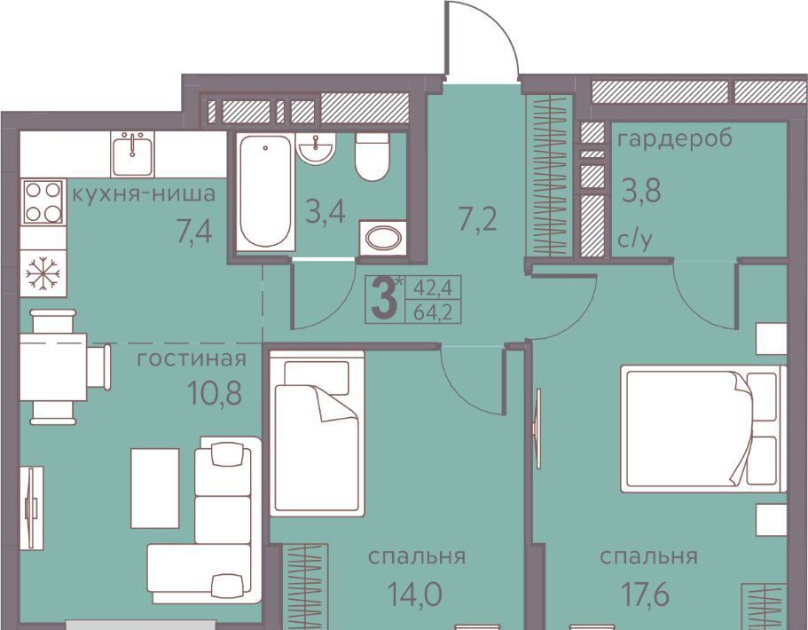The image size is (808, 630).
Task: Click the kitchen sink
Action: tap(132, 154)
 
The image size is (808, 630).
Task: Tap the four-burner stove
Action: tap(43, 201)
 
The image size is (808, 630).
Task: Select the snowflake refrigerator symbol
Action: tap(43, 273)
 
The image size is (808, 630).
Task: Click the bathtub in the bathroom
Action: tap(265, 192)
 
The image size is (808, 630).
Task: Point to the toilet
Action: tap(372, 156)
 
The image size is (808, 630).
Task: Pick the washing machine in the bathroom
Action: tap(383, 238)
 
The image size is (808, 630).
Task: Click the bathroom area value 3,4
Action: tap(326, 212)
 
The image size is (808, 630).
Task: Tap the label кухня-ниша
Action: tap(144, 195)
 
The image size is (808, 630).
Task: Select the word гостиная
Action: tap(192, 358)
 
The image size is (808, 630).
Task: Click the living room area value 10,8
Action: tap(215, 393)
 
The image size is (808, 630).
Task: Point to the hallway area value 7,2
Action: tap(477, 220)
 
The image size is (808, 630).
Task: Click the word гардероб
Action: tap(675, 139)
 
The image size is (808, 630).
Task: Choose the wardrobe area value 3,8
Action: tap(641, 191)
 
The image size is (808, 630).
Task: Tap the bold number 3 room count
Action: tap(384, 300)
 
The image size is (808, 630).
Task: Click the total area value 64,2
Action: tap(433, 312)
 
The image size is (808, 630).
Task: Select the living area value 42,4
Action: tap(433, 288)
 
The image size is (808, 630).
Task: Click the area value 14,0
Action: tap(414, 594)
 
